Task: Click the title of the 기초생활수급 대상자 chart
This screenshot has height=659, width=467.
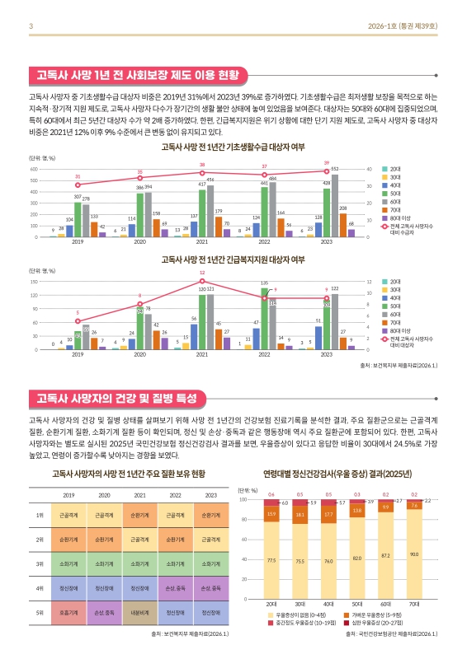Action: (x=233, y=147)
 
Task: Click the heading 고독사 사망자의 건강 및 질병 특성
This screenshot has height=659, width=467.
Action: (x=120, y=399)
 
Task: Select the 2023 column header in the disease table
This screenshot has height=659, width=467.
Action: (x=211, y=495)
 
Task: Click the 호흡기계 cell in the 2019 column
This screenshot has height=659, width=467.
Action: (x=69, y=613)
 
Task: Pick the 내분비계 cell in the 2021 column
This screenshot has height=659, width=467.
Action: (x=140, y=613)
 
